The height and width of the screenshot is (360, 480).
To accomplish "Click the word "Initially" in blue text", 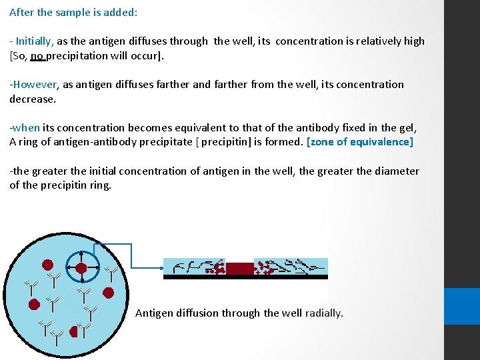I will click(x=35, y=41).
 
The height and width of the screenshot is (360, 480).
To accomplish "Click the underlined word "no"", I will click(x=37, y=55).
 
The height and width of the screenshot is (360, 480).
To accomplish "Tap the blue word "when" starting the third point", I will click(x=27, y=127).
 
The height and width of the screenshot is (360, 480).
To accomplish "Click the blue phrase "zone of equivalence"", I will click(x=360, y=141).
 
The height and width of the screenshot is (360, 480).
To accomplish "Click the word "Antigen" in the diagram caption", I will click(x=157, y=313).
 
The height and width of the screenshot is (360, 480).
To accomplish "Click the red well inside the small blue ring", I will click(x=81, y=268).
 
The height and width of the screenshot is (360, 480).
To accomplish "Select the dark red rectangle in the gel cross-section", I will click(x=240, y=268).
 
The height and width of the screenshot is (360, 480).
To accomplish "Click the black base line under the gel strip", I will click(x=245, y=277).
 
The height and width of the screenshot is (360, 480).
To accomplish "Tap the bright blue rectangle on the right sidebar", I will click(x=462, y=306).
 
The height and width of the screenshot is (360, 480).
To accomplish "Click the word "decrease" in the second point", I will click(x=32, y=99).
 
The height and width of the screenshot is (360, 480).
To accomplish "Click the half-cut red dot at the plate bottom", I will click(x=75, y=331).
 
